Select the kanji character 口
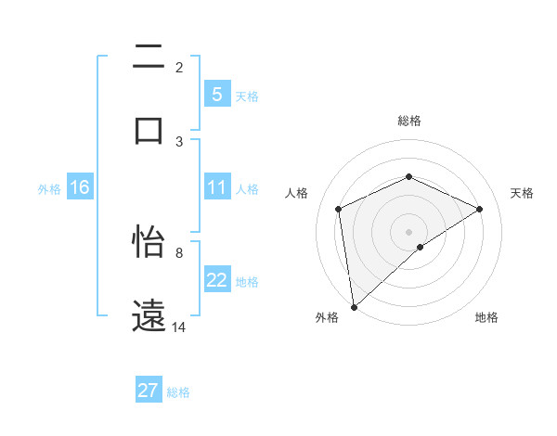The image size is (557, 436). pyautogui.click(x=149, y=130)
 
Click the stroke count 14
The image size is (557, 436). pyautogui.click(x=179, y=327)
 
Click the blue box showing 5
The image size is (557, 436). pyautogui.click(x=216, y=95)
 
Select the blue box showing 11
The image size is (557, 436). pyautogui.click(x=216, y=188)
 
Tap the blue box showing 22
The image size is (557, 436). pyautogui.click(x=216, y=281)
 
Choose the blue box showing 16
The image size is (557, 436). pyautogui.click(x=80, y=188)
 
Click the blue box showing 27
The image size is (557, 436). pyautogui.click(x=148, y=391)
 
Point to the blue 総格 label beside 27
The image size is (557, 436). pyautogui.click(x=178, y=392)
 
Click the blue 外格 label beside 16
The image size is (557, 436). pyautogui.click(x=49, y=189)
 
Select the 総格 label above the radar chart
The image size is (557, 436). pyautogui.click(x=408, y=121)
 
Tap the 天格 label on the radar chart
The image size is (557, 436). pyautogui.click(x=522, y=193)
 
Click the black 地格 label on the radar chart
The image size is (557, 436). pyautogui.click(x=486, y=317)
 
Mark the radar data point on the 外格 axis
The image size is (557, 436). pyautogui.click(x=353, y=307)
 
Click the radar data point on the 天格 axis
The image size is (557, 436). pyautogui.click(x=480, y=209)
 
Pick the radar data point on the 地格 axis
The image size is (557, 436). pyautogui.click(x=421, y=247)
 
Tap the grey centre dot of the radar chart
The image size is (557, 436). pyautogui.click(x=408, y=231)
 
